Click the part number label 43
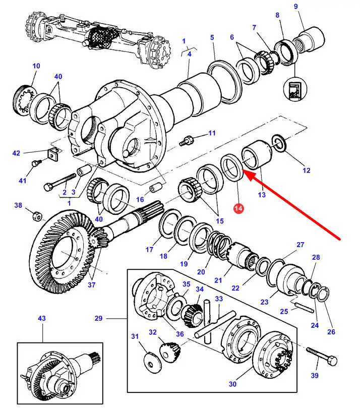point(41,318)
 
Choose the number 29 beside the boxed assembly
point(98,318)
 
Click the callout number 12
point(307,170)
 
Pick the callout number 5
point(212,37)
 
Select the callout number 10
point(36,66)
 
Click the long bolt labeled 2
point(61,184)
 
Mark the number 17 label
point(150,249)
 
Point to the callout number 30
point(232,384)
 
